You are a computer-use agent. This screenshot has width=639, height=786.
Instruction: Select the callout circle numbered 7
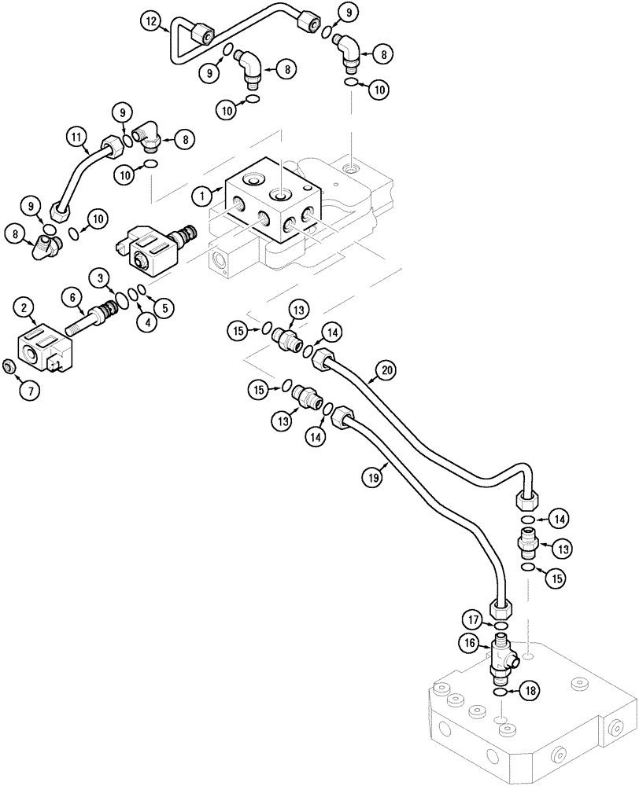28,388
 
